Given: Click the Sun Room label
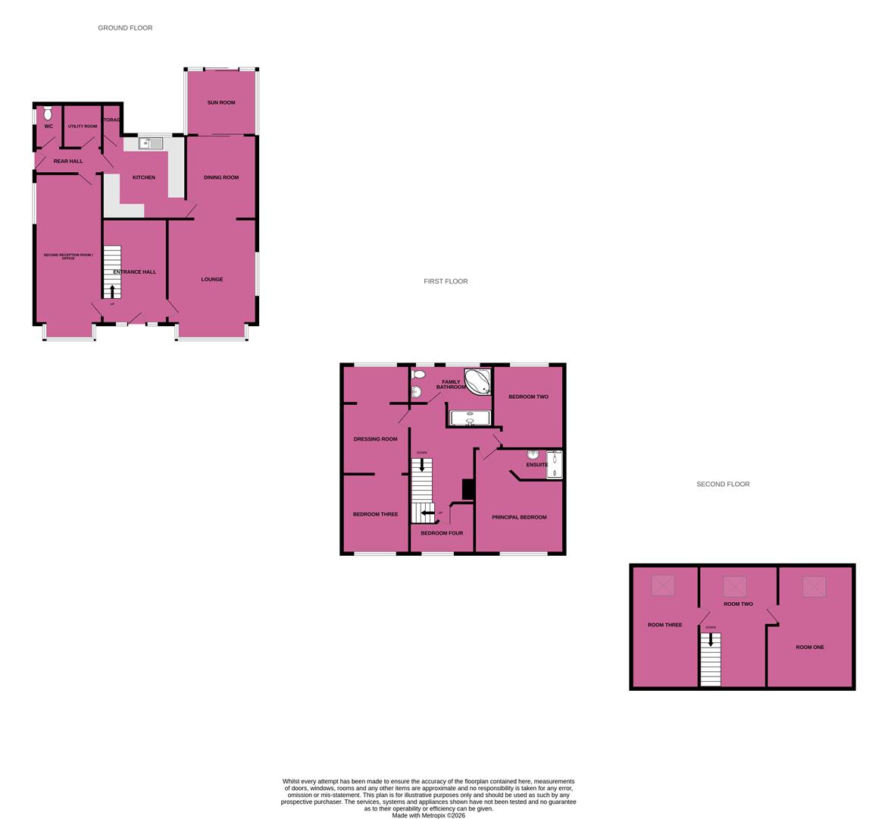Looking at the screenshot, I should tap(221, 102).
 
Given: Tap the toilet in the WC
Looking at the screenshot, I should tap(48, 114).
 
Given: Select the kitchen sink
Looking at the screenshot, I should tap(151, 143).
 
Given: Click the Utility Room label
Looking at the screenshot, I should tap(83, 126).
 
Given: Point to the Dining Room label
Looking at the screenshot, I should tap(221, 177).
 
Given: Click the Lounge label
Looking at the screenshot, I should tap(212, 279).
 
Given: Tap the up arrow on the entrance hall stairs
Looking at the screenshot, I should tap(113, 291).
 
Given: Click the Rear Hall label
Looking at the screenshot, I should tap(68, 161).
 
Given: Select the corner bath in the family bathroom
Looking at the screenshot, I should tap(478, 381).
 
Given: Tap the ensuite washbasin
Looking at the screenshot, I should tap(533, 454).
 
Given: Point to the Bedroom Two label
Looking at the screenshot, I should tap(528, 397).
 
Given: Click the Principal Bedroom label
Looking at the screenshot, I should tap(519, 517).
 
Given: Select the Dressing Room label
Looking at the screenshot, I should tap(375, 439).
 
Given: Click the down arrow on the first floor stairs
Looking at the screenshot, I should tap(422, 465).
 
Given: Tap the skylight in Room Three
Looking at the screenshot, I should tap(663, 585).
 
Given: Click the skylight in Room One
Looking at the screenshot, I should tap(814, 585).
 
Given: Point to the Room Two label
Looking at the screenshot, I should tap(738, 604).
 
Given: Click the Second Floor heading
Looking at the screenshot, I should tap(723, 484).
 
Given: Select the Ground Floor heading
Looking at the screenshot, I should tap(125, 28).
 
